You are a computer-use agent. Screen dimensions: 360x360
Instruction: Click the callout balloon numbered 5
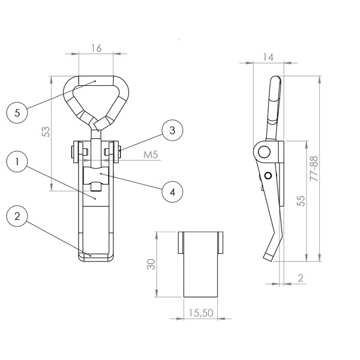coord(17,113)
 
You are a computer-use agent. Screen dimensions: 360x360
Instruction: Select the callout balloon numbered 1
coord(17,161)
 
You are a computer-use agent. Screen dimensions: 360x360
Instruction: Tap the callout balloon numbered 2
coord(17,216)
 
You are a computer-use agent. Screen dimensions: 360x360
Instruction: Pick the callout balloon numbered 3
coord(172,130)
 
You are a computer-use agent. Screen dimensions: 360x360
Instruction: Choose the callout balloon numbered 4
coord(172,192)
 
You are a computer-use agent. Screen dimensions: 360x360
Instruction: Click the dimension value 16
coord(97,48)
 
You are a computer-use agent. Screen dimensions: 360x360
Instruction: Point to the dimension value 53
coord(46,132)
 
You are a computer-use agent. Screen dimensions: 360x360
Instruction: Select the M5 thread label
coord(151,155)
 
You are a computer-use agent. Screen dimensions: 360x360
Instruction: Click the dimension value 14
coord(268,57)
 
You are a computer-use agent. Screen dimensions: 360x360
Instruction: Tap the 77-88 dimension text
coord(314,169)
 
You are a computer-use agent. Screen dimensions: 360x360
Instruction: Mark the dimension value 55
coord(301,200)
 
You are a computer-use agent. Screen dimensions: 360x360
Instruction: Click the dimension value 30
coord(151,264)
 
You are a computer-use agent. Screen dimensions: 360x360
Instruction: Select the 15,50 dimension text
coord(201,313)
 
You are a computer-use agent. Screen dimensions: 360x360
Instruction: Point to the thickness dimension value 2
coord(301,278)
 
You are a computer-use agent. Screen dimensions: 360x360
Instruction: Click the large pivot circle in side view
coord(264,152)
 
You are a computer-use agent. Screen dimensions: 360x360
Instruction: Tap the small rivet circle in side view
coord(268,176)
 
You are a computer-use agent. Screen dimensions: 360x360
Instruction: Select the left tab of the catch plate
coord(181,242)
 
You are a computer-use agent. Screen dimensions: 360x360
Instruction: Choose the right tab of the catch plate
coord(220,242)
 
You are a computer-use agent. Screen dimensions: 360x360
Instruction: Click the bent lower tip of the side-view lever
coord(268,257)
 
